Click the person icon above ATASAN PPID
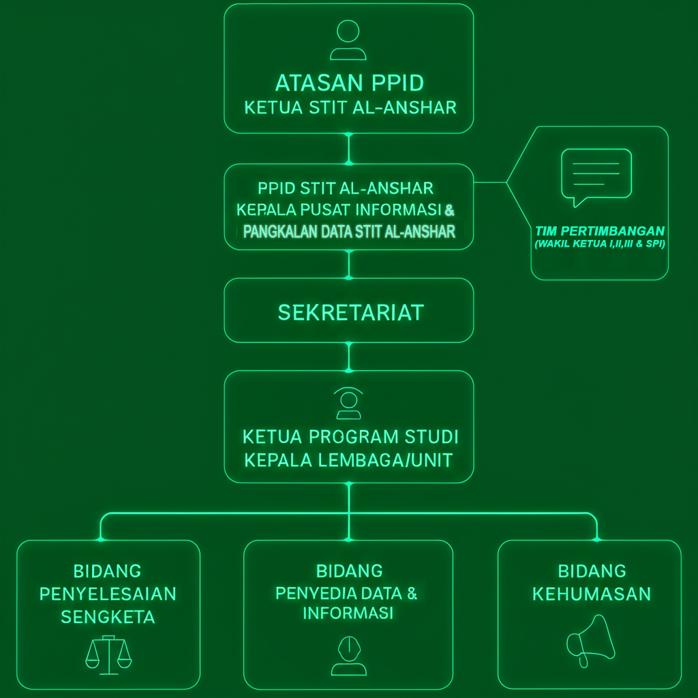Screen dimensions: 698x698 (348, 40)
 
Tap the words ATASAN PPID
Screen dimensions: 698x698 (350, 83)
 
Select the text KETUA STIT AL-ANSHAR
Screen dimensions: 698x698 (350, 108)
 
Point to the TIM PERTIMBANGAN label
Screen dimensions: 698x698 (600, 231)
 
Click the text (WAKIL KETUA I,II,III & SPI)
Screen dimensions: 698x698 (600, 244)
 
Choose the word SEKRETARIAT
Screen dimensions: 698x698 (351, 312)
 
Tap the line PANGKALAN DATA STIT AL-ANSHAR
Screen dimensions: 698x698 (349, 232)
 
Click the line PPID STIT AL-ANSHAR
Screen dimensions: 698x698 (346, 188)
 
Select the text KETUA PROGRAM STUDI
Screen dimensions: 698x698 (350, 437)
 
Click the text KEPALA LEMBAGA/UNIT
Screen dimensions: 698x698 (348, 460)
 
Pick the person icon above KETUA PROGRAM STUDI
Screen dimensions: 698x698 (348, 404)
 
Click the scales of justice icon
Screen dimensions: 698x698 (108, 655)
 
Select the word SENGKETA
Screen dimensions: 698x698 (108, 617)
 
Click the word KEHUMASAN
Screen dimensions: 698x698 (592, 594)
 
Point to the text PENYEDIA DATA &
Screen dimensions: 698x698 (346, 594)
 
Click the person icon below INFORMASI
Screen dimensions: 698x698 (349, 656)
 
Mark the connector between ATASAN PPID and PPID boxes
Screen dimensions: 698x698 (349, 149)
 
